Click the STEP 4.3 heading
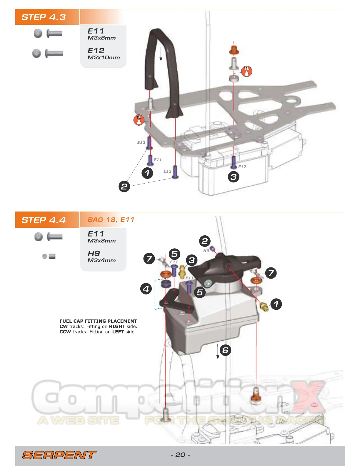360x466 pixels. pyautogui.click(x=44, y=17)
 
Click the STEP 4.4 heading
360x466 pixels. pyautogui.click(x=44, y=220)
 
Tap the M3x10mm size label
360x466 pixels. pyautogui.click(x=104, y=58)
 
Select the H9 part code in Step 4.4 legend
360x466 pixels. pyautogui.click(x=94, y=253)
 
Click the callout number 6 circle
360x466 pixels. pyautogui.click(x=226, y=350)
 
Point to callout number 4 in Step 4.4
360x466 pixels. pyautogui.click(x=146, y=289)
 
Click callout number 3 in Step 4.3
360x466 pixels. pyautogui.click(x=234, y=177)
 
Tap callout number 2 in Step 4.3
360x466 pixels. pyautogui.click(x=124, y=187)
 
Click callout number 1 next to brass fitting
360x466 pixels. pyautogui.click(x=276, y=304)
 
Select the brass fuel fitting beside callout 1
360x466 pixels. pyautogui.click(x=264, y=307)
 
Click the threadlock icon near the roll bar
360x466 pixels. pyautogui.click(x=139, y=120)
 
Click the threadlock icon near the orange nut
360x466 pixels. pyautogui.click(x=247, y=71)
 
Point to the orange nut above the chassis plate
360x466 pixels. pyautogui.click(x=234, y=50)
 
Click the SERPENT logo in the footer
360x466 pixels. pyautogui.click(x=59, y=455)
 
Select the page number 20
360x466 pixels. pyautogui.click(x=180, y=455)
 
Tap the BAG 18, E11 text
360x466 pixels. pyautogui.click(x=111, y=220)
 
